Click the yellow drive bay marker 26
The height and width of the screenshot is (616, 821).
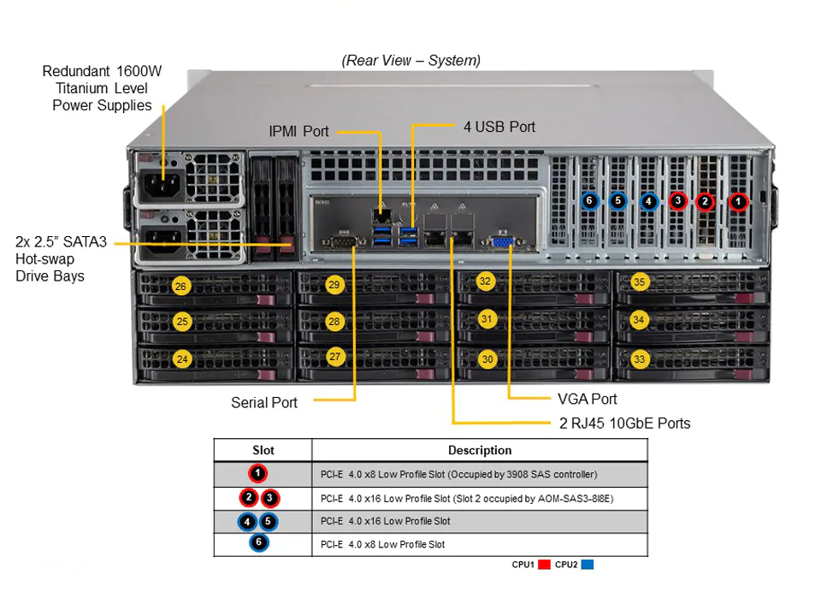pos(180,286)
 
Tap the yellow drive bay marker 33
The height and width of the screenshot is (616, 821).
pos(640,358)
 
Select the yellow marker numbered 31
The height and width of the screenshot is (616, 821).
pos(487,318)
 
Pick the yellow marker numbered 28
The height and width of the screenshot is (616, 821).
pos(334,321)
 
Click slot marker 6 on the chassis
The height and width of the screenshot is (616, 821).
pos(589,200)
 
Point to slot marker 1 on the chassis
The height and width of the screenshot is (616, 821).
pos(738,201)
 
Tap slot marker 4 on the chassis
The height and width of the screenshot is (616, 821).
pos(649,201)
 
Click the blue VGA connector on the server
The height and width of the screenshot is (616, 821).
pos(502,241)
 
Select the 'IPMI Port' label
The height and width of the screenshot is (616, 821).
pos(298,132)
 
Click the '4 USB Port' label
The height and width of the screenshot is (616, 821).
pos(499,127)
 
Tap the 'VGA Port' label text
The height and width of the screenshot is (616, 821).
pos(587,400)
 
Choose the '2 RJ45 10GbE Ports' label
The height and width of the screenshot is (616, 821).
pos(624,423)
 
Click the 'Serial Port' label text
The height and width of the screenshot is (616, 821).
pos(264,402)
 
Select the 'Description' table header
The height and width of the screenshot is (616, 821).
pos(480,450)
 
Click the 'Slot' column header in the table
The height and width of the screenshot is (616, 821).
pos(263,450)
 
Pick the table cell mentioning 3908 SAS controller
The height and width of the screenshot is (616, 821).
pos(458,475)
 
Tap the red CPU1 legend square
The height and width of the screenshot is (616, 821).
pos(544,564)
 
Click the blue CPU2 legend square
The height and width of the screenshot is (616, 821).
pos(588,564)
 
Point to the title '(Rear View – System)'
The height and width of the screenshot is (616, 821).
pos(411,61)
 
